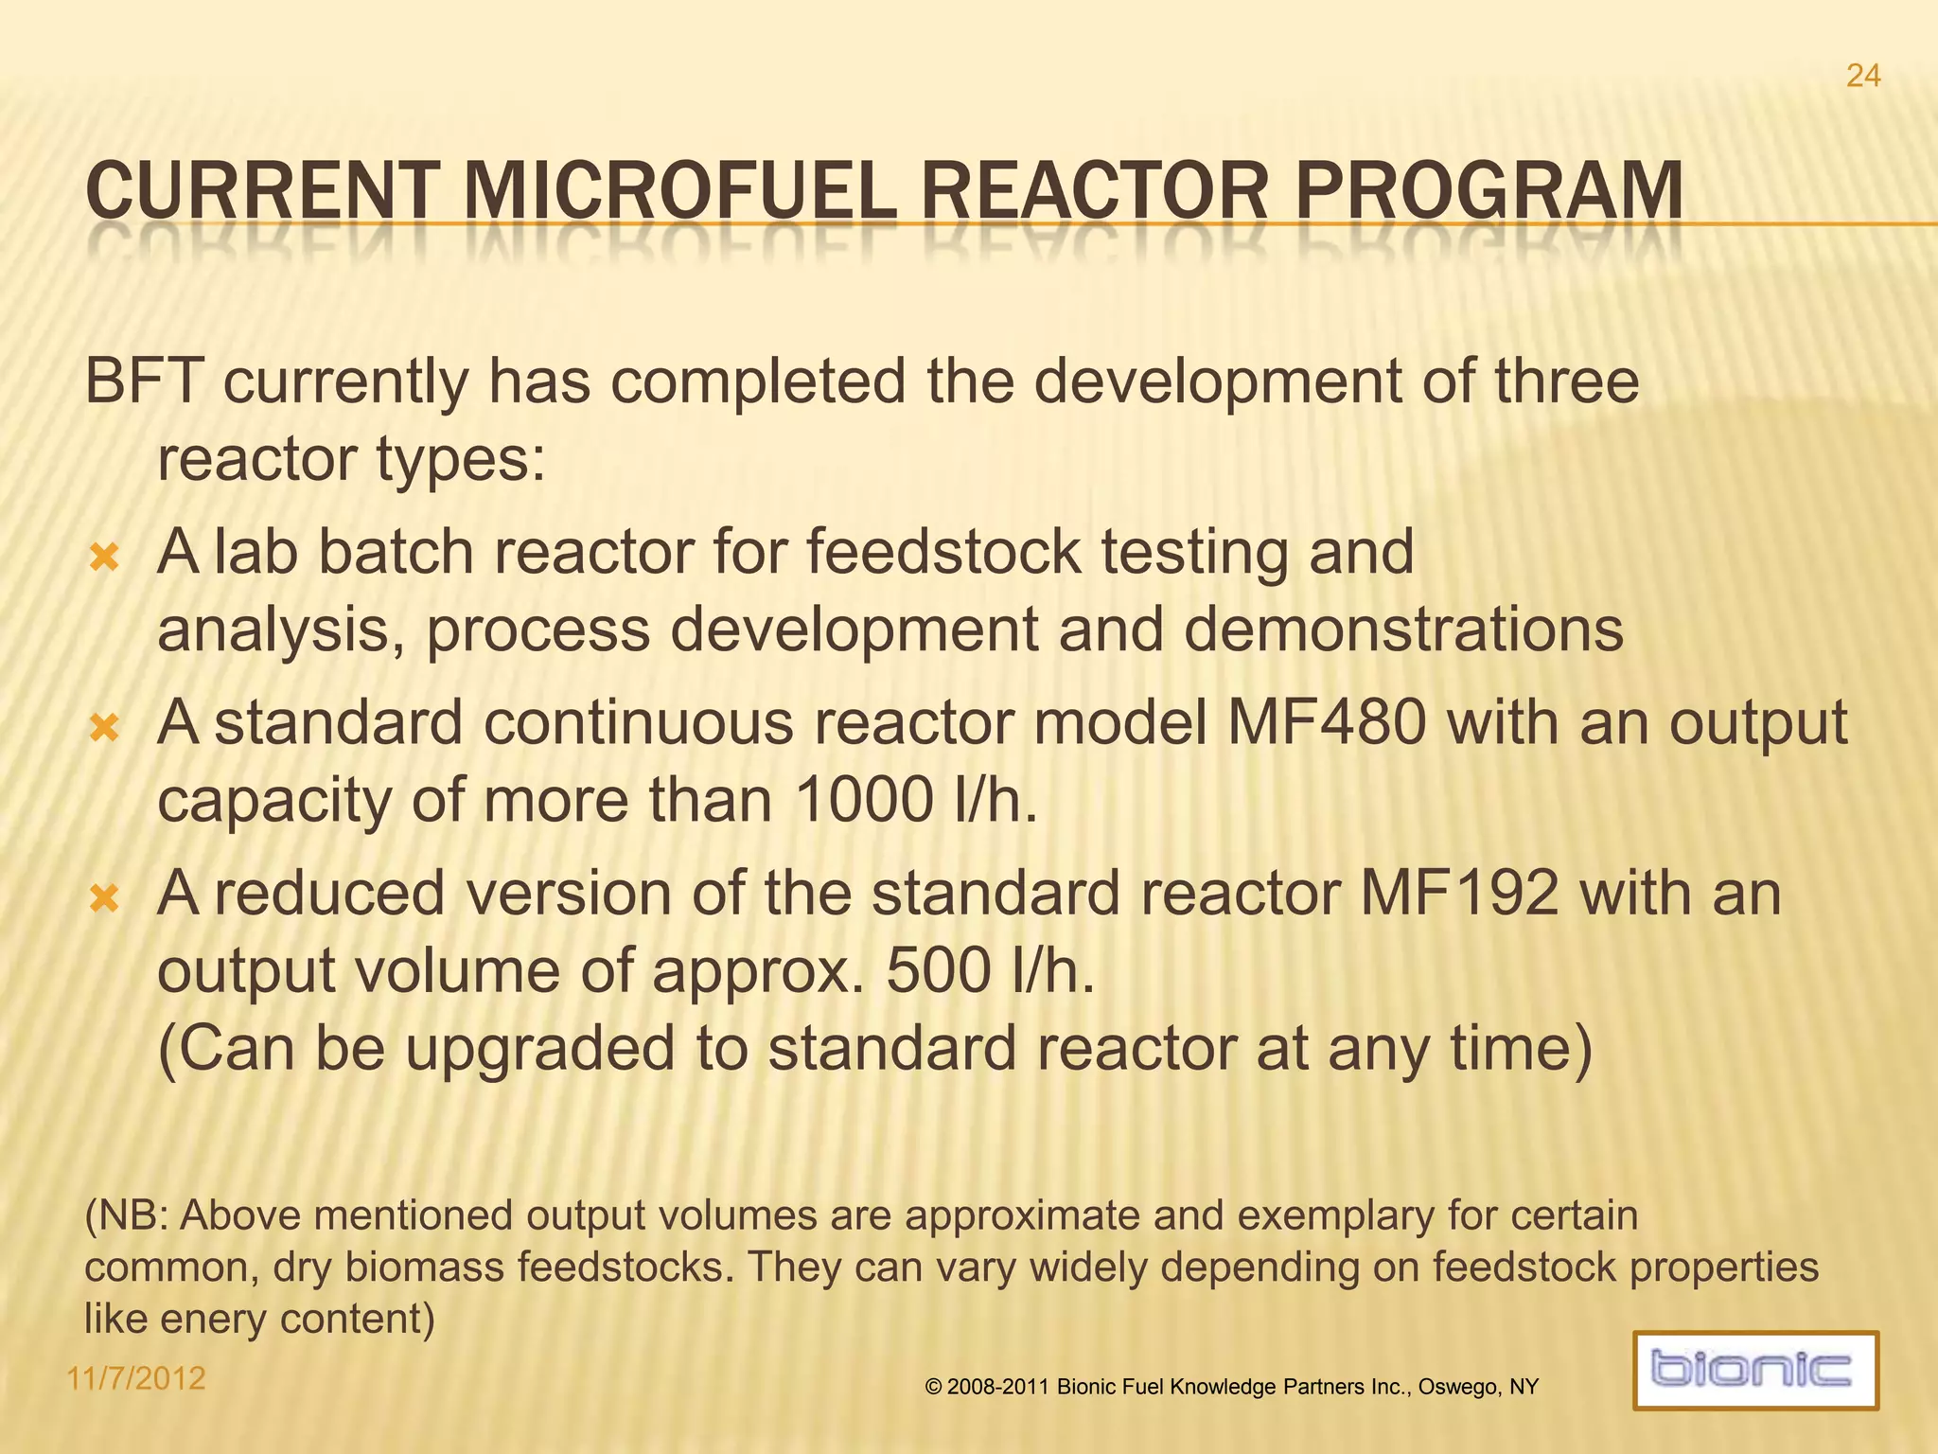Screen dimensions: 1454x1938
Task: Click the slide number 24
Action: (1862, 76)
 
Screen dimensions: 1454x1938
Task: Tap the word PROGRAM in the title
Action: (1488, 192)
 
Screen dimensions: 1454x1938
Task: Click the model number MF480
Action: (1326, 724)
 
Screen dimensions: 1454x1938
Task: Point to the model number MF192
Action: (1458, 895)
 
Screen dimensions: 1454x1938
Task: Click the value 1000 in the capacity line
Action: (864, 801)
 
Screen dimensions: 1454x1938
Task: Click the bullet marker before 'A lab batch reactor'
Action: (104, 558)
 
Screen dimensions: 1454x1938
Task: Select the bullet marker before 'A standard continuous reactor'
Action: (104, 728)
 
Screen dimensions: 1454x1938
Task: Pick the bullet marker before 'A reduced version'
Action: (104, 898)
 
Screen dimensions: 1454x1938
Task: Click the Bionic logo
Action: (1754, 1370)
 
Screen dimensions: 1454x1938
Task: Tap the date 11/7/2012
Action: (136, 1378)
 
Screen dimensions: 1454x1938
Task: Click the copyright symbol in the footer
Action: (933, 1388)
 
